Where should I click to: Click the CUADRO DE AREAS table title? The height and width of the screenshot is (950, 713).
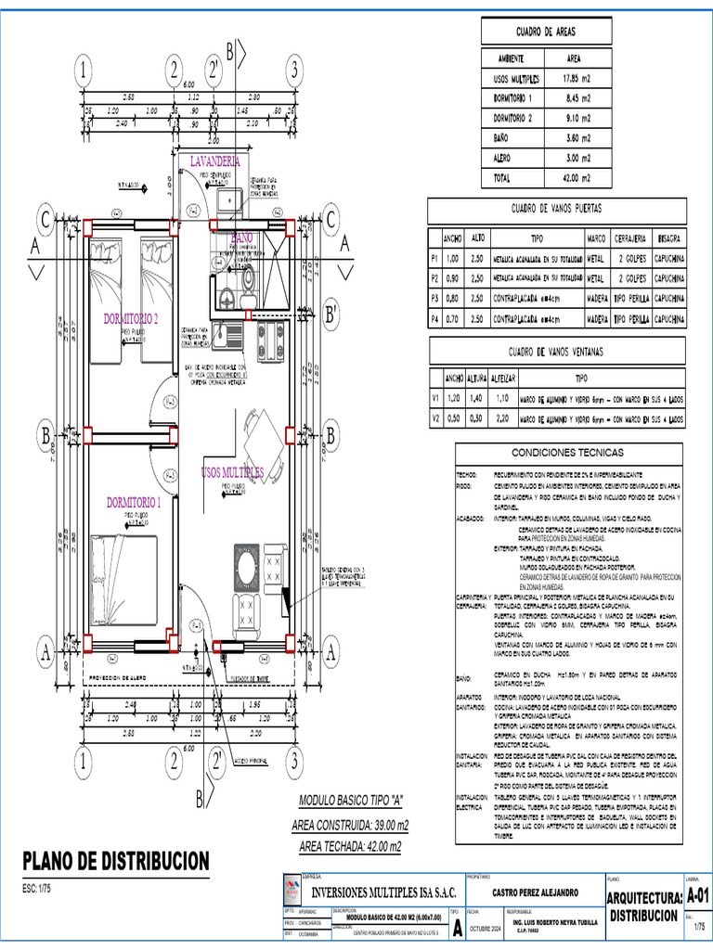[x=547, y=32]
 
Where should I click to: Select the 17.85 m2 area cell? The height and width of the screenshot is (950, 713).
[x=585, y=80]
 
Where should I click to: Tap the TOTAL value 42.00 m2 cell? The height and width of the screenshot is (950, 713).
[x=585, y=176]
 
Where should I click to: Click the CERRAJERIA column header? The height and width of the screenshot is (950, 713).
[x=624, y=237]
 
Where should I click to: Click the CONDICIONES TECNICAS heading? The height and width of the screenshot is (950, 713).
[x=570, y=455]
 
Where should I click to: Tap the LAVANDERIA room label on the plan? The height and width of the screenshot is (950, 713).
[x=214, y=161]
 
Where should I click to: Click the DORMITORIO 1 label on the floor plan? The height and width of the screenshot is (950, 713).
[x=134, y=503]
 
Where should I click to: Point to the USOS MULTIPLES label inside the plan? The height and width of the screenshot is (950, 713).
[x=232, y=472]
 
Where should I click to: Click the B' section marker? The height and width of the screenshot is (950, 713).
[x=331, y=315]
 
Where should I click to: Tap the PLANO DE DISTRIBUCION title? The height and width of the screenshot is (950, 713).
[x=116, y=860]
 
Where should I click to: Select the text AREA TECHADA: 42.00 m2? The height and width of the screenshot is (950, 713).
[x=350, y=845]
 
